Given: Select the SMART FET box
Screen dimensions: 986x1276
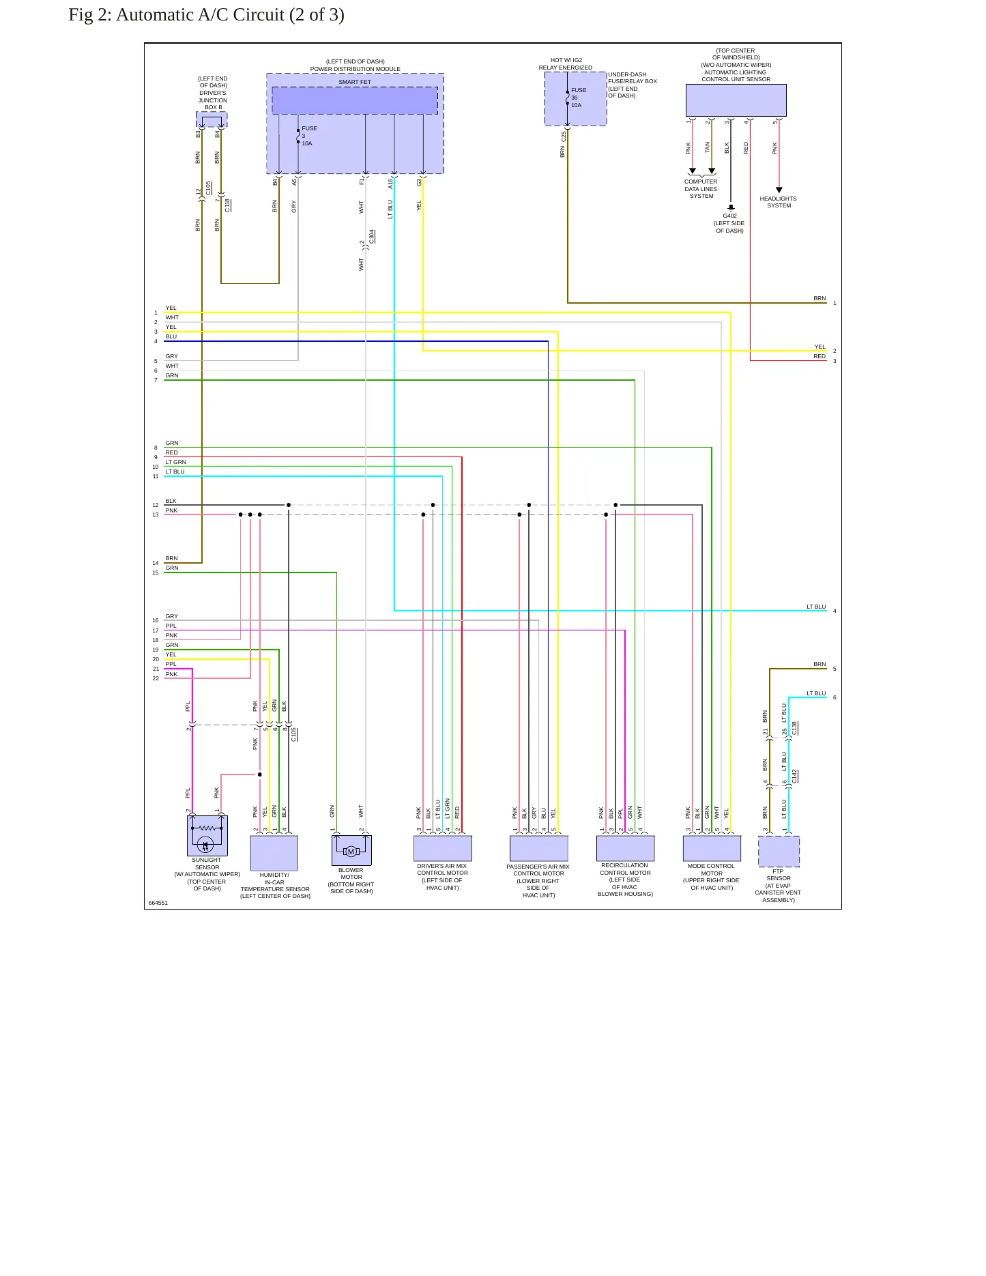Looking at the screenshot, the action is pos(355,100).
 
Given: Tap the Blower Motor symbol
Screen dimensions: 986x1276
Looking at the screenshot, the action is pos(351,850).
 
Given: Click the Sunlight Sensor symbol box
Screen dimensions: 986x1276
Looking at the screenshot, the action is pos(207,836).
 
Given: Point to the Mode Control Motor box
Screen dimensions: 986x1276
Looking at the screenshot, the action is pos(712,848).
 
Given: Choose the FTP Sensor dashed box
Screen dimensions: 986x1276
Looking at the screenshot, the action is pos(779,852).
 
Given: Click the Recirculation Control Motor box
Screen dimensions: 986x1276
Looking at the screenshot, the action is pos(625,848).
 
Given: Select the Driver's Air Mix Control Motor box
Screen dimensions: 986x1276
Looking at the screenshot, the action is pos(442,848).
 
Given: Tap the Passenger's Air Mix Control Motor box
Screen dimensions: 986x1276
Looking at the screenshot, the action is pos(538,848).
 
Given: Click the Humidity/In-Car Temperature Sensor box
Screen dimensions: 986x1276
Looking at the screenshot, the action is pos(274,853).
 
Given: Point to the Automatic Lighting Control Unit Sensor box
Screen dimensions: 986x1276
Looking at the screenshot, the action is pos(736,100).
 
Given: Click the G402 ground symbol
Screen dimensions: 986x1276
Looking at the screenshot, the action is pos(731,207).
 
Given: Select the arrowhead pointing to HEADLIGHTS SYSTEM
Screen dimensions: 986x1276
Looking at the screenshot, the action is pos(779,190).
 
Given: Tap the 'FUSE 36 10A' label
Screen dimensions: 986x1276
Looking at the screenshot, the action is pos(577,98).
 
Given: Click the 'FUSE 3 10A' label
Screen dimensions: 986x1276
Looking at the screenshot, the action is pos(308,136).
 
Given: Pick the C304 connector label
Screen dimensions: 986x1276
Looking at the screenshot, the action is pos(372,237).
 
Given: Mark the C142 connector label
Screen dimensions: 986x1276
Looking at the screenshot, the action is pos(794,777).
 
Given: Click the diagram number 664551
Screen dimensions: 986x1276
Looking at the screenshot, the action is pos(158,903).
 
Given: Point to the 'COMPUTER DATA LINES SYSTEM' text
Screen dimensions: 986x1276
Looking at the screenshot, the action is pos(701,189).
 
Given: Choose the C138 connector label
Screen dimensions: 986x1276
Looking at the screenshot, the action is pos(794,729).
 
